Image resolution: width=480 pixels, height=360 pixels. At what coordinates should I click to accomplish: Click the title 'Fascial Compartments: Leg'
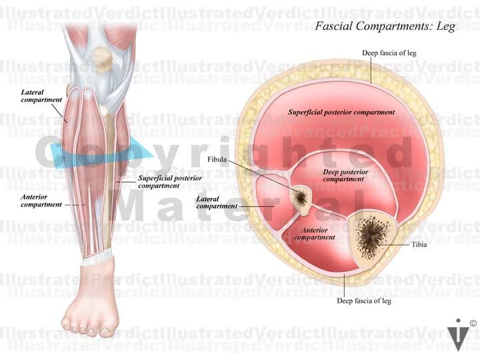point(385,27)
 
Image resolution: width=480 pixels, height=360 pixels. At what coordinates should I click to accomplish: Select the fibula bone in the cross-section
point(301,198)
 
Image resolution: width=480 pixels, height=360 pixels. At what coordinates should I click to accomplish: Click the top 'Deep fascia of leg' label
point(385,53)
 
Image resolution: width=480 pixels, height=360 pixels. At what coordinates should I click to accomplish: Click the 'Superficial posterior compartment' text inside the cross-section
point(341,112)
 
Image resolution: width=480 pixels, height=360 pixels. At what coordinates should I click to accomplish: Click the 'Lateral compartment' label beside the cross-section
point(217,203)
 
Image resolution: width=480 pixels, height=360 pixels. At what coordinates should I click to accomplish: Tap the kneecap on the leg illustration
point(102,59)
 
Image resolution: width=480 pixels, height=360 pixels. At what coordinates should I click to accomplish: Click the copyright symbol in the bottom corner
point(473,323)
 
